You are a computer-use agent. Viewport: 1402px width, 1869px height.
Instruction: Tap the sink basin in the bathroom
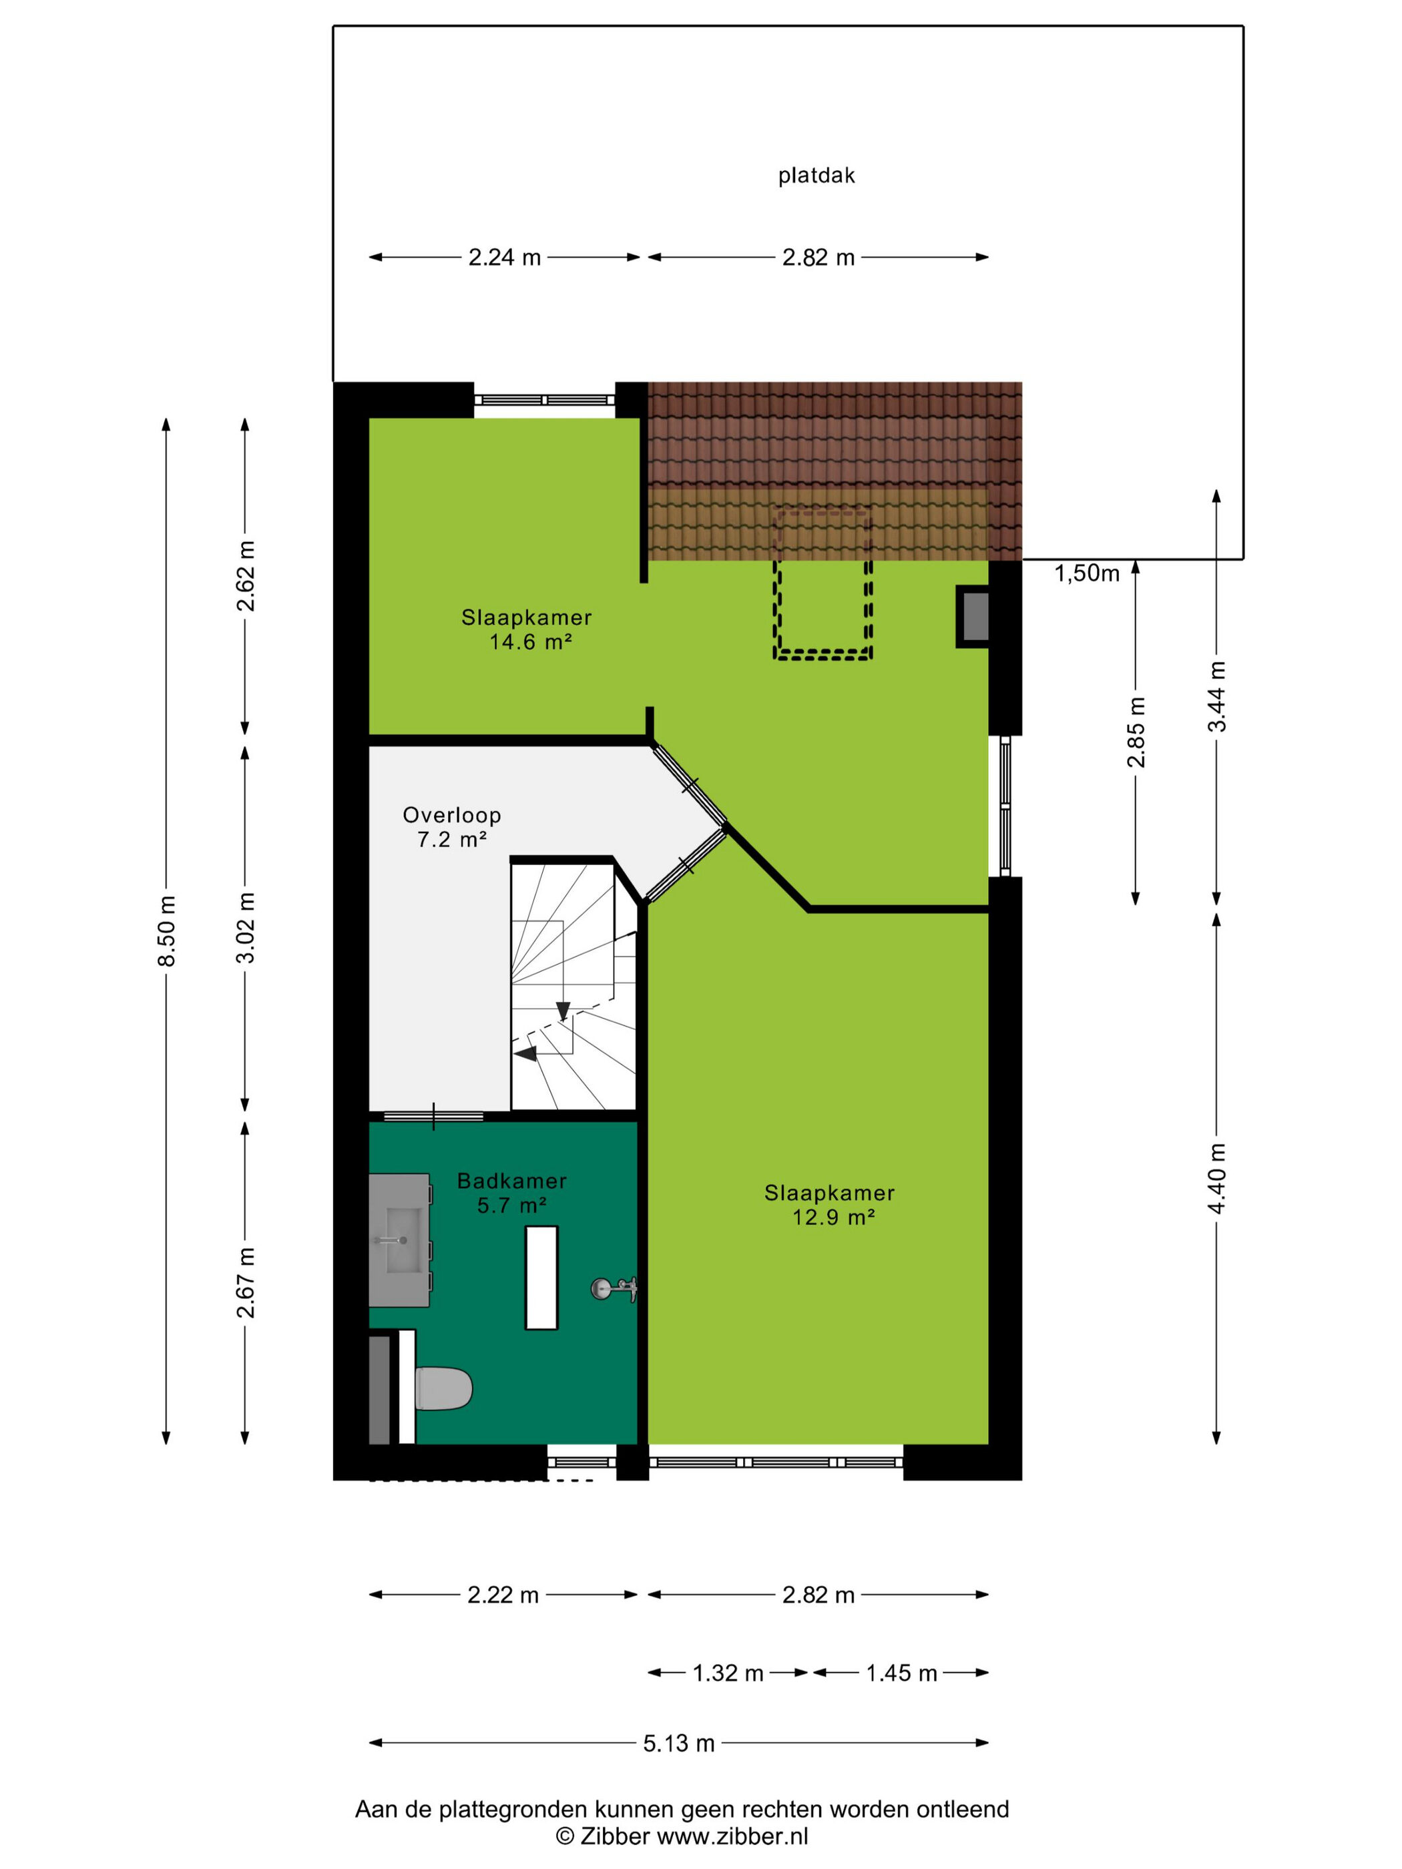tap(403, 1240)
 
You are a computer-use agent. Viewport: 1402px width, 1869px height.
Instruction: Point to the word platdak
tap(816, 176)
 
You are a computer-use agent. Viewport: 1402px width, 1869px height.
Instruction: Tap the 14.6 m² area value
tap(531, 641)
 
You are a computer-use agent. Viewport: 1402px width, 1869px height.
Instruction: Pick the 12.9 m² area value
tap(833, 1217)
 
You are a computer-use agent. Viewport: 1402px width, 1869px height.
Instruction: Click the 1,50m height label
tap(1086, 573)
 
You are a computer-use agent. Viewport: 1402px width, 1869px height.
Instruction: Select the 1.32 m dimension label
tap(728, 1673)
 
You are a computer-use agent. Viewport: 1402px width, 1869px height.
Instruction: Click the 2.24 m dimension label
tap(505, 257)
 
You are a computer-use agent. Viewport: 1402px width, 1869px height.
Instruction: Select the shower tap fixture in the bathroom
tap(613, 1288)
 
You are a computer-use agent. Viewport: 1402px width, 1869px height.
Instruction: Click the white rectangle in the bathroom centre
tap(541, 1278)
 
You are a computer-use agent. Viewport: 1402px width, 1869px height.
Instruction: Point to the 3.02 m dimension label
tap(245, 928)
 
